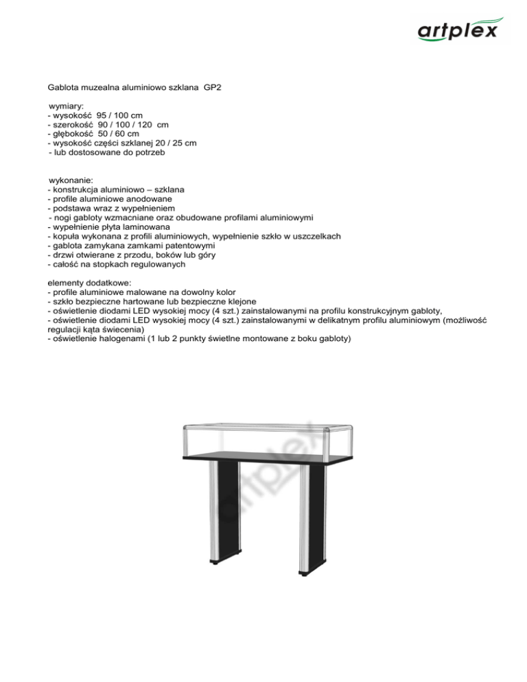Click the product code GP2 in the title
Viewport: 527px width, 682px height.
pos(212,89)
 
